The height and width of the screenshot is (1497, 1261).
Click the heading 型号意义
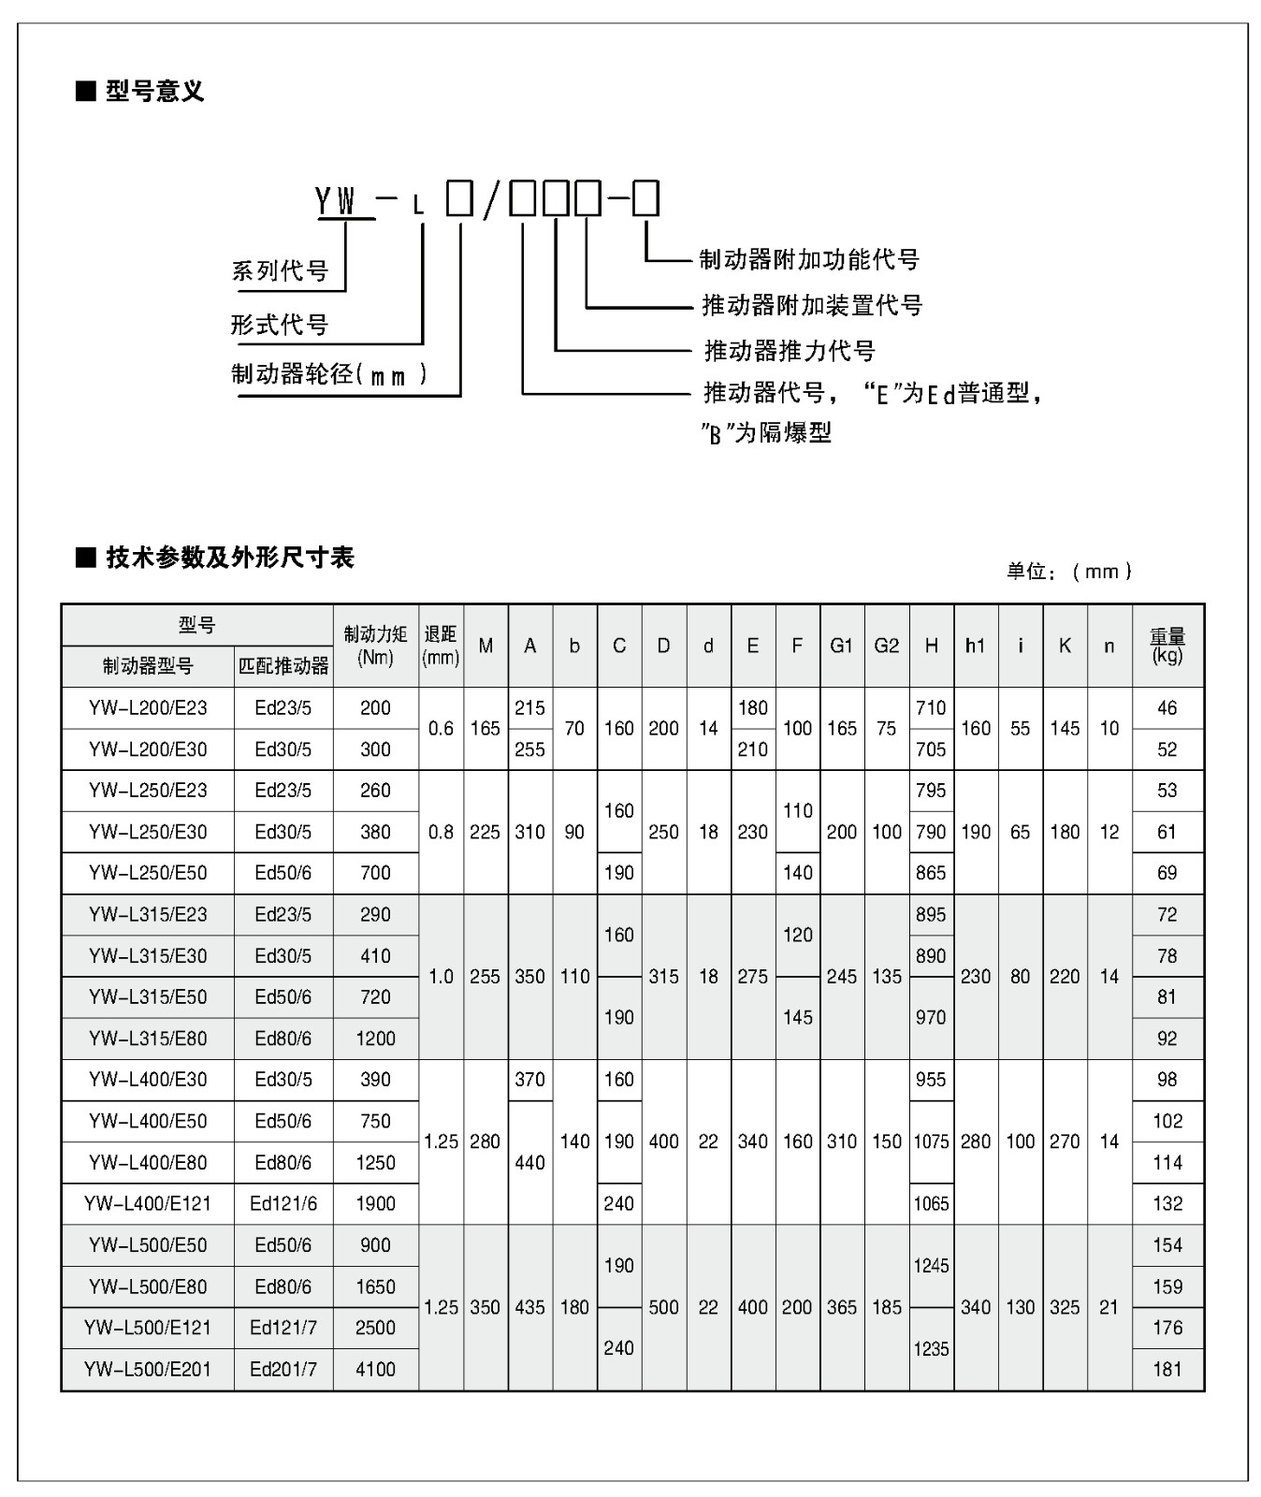[x=153, y=92]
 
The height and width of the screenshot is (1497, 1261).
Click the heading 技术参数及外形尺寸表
[x=229, y=558]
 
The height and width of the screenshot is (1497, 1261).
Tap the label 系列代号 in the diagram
[x=280, y=271]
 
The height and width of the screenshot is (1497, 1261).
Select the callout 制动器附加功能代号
[x=809, y=259]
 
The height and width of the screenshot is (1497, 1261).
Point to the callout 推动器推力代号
[x=790, y=351]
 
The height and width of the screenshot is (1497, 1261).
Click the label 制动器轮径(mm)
[x=329, y=374]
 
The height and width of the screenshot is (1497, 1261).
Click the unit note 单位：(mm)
[x=1069, y=571]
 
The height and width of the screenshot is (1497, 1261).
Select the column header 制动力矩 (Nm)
[x=375, y=646]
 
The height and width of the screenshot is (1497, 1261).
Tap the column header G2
[x=886, y=646]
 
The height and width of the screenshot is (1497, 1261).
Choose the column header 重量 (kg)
[x=1167, y=646]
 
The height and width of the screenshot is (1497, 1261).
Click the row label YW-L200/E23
[x=148, y=708]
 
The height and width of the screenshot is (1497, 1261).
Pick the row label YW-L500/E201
[x=148, y=1370]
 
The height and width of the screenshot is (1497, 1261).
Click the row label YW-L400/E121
[x=148, y=1204]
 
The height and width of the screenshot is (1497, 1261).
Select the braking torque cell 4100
[x=375, y=1370]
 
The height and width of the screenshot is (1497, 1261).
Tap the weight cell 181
[x=1167, y=1370]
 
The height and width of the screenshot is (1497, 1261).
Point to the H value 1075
[x=931, y=1141]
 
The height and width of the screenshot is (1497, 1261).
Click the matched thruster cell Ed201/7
[x=283, y=1370]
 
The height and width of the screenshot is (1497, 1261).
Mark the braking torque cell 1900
[x=375, y=1204]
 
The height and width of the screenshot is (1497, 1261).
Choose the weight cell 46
[x=1167, y=708]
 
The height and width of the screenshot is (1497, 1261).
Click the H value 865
[x=931, y=873]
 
